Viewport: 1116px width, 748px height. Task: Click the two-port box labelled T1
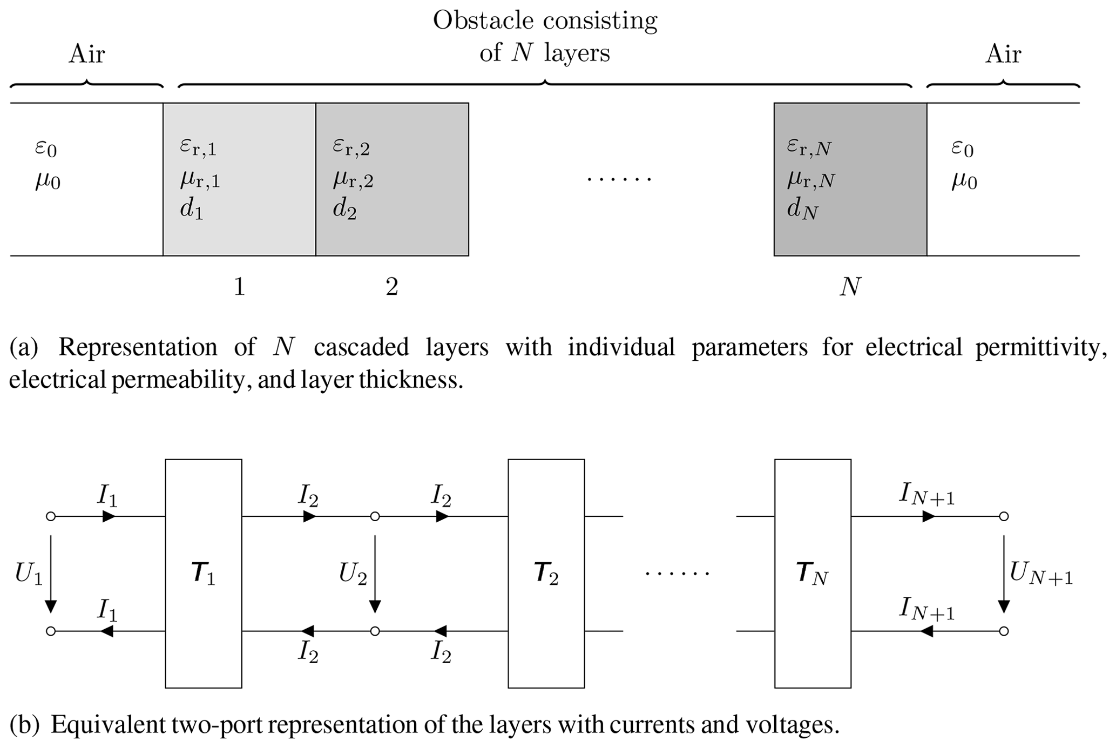[x=204, y=573]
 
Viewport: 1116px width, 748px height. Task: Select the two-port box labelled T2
[x=546, y=573]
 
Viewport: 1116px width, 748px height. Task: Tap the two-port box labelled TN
[x=813, y=573]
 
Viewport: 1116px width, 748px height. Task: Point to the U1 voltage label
[x=28, y=574]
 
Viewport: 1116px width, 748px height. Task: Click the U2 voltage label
[x=353, y=574]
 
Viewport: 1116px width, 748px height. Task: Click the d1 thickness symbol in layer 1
[x=192, y=209]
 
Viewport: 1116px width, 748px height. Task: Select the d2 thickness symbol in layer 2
[x=344, y=209]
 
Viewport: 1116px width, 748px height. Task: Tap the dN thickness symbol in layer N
[x=802, y=209]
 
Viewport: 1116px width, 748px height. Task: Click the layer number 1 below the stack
[x=239, y=286]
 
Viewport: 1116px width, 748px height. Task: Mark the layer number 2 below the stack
[x=392, y=286]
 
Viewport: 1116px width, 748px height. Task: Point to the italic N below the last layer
[x=850, y=286]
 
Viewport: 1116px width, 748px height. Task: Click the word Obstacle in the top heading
[x=484, y=21]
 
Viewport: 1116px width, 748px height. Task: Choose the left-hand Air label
[x=86, y=54]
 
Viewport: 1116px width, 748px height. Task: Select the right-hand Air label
[x=1003, y=54]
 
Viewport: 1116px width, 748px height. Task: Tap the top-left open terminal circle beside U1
[x=51, y=516]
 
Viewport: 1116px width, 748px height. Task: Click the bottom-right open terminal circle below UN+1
[x=1004, y=631]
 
